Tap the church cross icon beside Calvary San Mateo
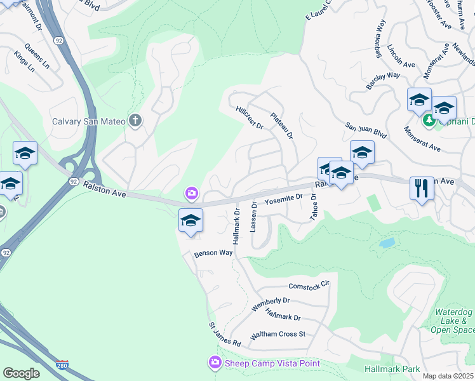tap(135, 121)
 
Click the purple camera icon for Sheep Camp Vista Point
tap(215, 363)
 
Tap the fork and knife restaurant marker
tap(422, 189)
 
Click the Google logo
tap(21, 373)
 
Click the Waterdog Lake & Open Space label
tap(452, 321)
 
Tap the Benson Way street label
tap(213, 253)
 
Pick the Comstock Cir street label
tap(309, 285)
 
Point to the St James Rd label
tap(225, 334)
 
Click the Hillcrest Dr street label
tap(250, 117)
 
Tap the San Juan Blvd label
tap(366, 130)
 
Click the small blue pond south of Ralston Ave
tap(386, 243)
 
